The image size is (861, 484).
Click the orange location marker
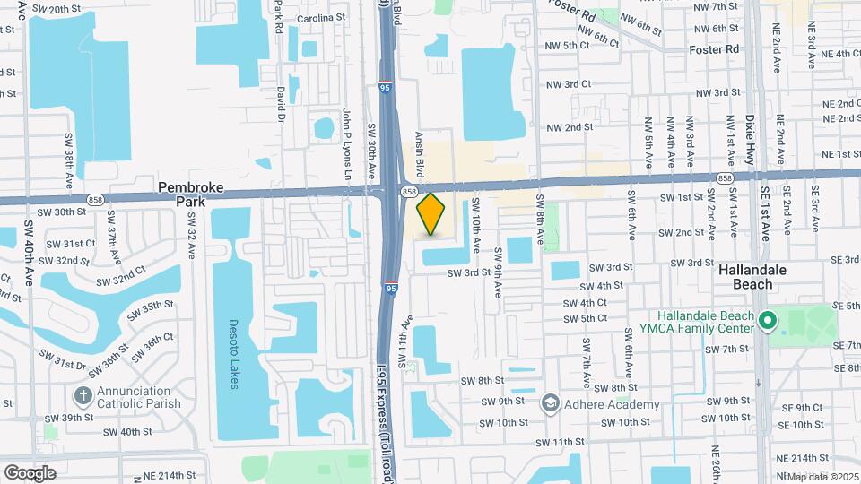pos(431,213)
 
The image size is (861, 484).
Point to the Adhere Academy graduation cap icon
pos(548,405)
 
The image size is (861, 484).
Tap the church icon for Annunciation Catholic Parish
pos(83,395)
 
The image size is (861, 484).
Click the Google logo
pos(29,472)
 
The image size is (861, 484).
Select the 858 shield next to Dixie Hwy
pos(724,179)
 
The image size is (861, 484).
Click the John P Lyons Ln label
pos(345,143)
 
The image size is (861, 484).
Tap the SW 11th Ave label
pos(405,341)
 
